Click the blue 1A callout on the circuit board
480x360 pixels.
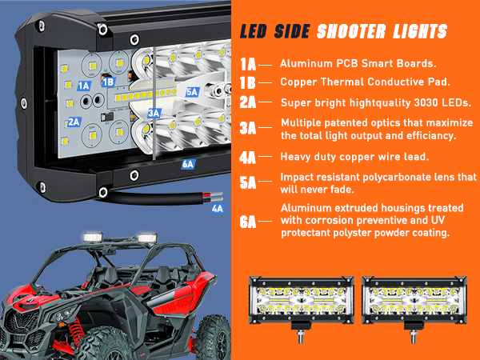click(x=83, y=86)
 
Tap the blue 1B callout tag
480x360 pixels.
click(x=108, y=82)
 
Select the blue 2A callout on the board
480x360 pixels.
click(x=74, y=122)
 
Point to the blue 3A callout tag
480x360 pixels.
click(x=154, y=114)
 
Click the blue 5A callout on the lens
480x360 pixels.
click(x=193, y=92)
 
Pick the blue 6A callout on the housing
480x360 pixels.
click(x=188, y=164)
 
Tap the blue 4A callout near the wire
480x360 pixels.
click(x=218, y=209)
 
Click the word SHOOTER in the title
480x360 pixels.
click(x=351, y=32)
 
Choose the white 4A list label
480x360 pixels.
click(x=247, y=158)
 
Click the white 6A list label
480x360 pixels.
click(x=247, y=222)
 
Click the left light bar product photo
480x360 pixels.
click(x=302, y=309)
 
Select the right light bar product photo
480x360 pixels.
click(x=414, y=309)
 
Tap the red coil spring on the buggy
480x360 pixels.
click(x=75, y=331)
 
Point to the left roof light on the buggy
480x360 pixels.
click(x=93, y=238)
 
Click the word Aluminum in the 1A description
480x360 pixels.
click(x=306, y=64)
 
